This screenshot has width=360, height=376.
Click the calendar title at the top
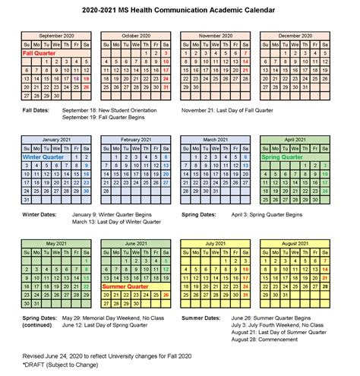tap(180, 9)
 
